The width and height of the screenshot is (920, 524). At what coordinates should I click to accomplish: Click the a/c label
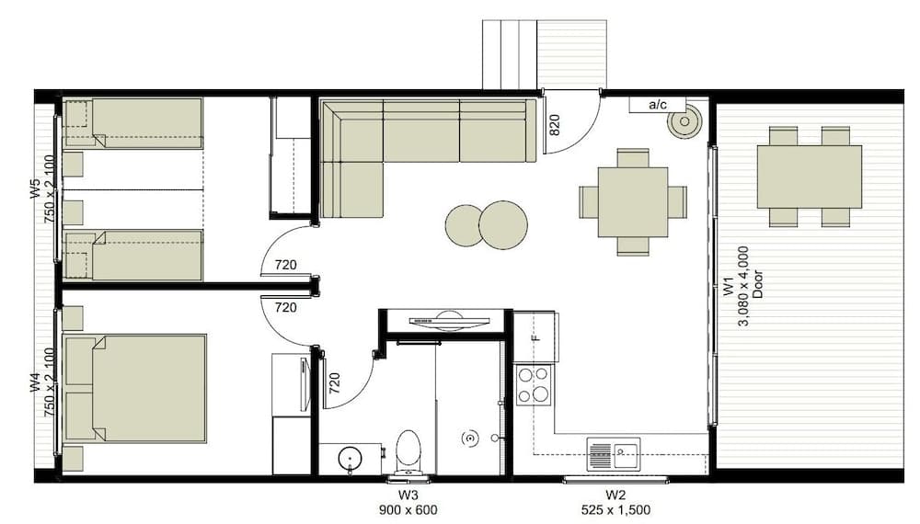pyautogui.click(x=658, y=105)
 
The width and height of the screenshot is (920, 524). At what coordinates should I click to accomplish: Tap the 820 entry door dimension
pyautogui.click(x=555, y=124)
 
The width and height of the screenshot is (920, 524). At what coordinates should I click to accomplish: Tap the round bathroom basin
pyautogui.click(x=349, y=458)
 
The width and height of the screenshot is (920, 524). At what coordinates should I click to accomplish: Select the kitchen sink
pyautogui.click(x=613, y=452)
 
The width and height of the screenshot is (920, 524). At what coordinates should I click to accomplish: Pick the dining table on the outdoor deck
pyautogui.click(x=809, y=177)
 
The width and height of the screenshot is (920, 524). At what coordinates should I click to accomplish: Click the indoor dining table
pyautogui.click(x=632, y=202)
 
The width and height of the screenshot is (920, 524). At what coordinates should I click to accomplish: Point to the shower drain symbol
pyautogui.click(x=470, y=439)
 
